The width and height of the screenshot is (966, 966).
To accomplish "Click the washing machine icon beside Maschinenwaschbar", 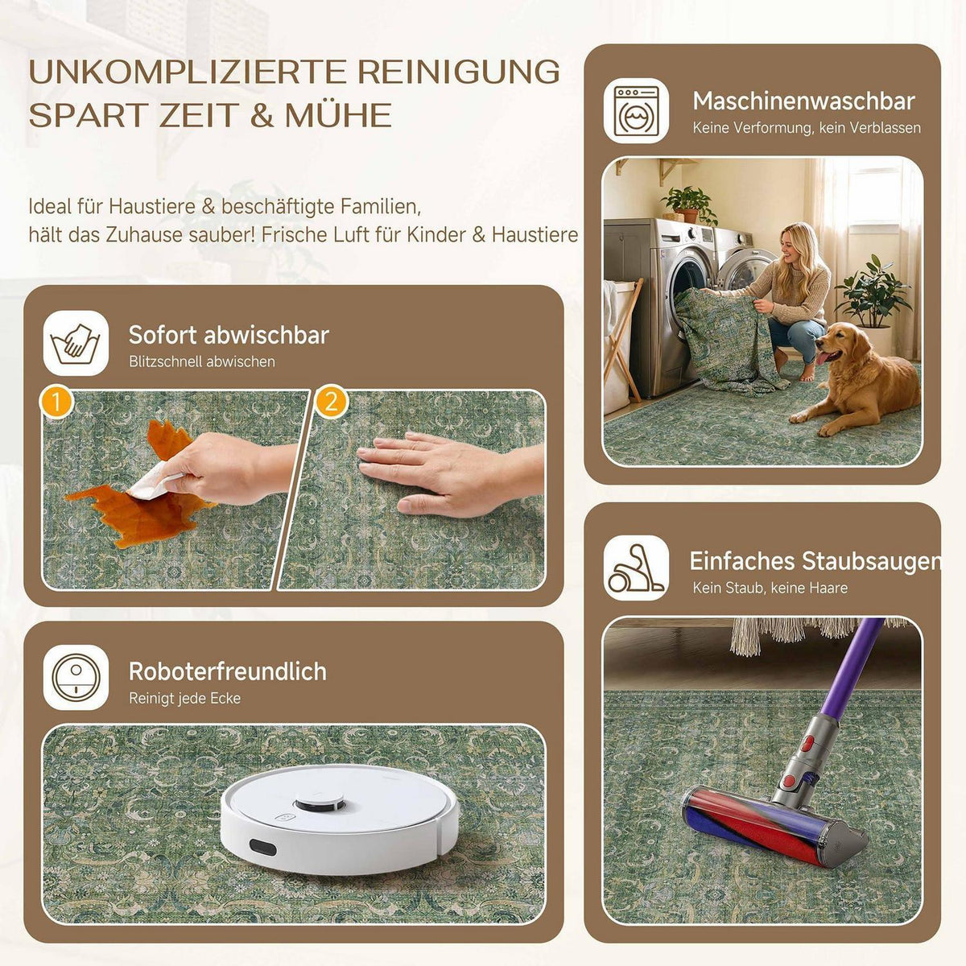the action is [636, 111].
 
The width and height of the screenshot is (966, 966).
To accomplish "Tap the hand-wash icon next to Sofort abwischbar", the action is [76, 344].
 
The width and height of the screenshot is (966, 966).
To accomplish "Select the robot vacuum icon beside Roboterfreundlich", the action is [76, 677].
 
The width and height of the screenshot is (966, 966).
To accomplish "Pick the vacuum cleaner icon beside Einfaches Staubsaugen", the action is [636, 568].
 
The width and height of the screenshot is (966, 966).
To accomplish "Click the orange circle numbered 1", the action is [56, 402].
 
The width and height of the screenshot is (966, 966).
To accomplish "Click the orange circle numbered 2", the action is [331, 402].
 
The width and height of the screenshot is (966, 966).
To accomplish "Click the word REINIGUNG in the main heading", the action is [458, 72].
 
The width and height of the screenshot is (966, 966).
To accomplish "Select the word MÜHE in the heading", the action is [338, 115].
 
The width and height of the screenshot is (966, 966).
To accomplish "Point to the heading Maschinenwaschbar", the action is [804, 101].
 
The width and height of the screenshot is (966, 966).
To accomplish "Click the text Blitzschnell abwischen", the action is [202, 361].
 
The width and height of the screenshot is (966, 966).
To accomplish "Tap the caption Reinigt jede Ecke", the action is [184, 698].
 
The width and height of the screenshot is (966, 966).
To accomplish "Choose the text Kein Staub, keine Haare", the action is [770, 588].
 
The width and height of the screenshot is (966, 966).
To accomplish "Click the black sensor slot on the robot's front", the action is [262, 847].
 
